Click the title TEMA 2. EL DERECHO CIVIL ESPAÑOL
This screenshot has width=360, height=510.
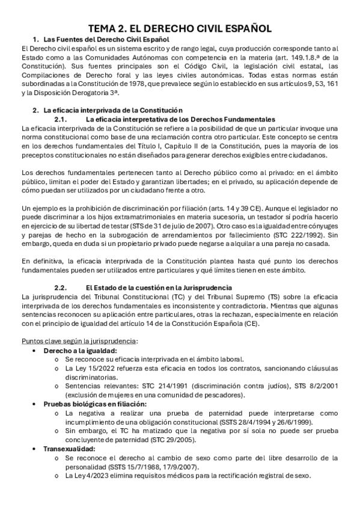[x=180, y=28]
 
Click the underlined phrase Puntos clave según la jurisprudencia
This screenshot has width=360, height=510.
[x=79, y=341]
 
